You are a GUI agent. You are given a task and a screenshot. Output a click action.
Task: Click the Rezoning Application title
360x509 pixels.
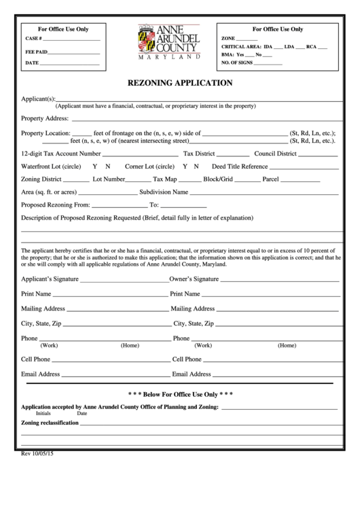[x=180, y=84]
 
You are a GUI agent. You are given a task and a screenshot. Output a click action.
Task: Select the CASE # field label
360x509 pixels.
[x=33, y=39]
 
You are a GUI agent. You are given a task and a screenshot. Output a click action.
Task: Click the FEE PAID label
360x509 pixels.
[x=36, y=51]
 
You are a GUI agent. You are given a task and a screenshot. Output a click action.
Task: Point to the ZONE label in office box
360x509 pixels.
[x=228, y=38]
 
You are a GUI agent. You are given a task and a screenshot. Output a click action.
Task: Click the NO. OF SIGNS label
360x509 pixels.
[x=236, y=63]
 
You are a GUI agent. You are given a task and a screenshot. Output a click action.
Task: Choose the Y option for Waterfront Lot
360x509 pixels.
[x=94, y=166]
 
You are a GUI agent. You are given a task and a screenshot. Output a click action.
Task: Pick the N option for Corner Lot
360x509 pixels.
[x=196, y=166]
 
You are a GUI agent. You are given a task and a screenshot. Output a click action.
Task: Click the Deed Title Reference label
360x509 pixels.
[x=240, y=166]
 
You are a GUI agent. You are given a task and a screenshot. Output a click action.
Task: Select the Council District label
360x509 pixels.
[x=275, y=154]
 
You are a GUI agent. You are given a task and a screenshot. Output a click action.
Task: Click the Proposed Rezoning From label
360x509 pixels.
[x=55, y=205]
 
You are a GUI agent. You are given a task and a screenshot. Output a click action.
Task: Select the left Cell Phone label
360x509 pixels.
[x=36, y=359]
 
